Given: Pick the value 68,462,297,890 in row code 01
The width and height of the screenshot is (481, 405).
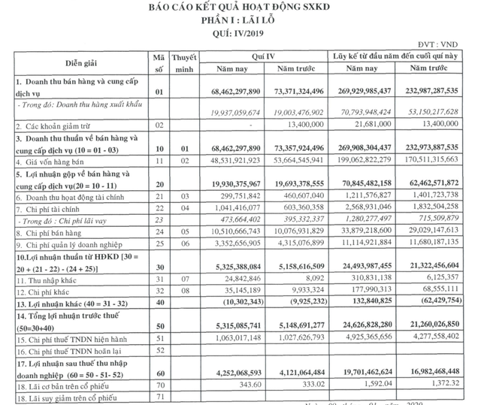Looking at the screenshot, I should pyautogui.click(x=225, y=91).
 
